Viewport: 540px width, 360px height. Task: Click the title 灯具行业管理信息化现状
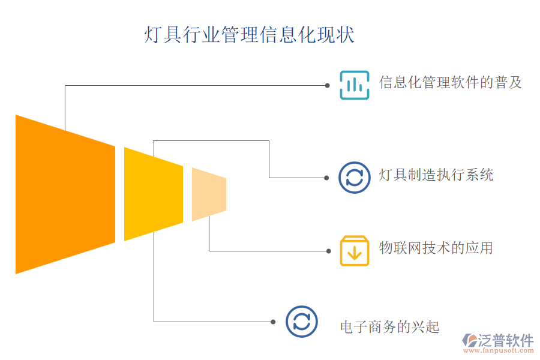(x=249, y=35)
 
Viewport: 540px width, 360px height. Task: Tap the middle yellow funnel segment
(x=153, y=194)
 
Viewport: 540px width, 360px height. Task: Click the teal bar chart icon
(x=355, y=85)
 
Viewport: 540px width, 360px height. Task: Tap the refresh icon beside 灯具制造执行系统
(x=355, y=178)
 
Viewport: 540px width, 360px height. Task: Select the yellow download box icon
(x=355, y=250)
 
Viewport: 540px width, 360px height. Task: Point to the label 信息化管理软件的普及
(x=451, y=82)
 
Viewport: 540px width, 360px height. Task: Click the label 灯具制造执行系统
(x=436, y=175)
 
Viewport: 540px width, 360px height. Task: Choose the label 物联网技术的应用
(x=436, y=248)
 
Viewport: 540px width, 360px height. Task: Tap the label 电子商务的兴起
(x=390, y=327)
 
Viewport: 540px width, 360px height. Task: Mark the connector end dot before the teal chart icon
(x=327, y=85)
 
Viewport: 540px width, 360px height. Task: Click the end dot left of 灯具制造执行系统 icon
(x=327, y=178)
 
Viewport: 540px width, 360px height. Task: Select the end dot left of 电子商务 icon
(x=273, y=322)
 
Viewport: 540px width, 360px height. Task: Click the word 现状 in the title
(x=341, y=35)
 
